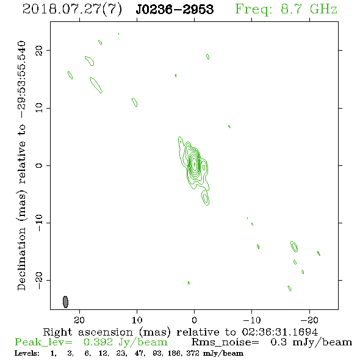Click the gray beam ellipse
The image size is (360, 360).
(65, 302)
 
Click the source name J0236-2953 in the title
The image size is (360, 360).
(175, 9)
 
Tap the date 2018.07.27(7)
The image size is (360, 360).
(72, 10)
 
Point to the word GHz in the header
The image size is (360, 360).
(324, 9)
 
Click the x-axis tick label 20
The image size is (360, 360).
(79, 320)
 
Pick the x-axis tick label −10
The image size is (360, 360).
(251, 320)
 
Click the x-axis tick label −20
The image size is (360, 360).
(309, 320)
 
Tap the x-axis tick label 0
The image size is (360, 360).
(194, 320)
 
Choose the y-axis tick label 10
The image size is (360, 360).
(39, 108)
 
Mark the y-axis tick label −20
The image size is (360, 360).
(39, 280)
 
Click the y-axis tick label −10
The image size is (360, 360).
(39, 223)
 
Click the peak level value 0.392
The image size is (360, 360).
(98, 342)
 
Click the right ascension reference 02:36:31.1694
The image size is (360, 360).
(280, 332)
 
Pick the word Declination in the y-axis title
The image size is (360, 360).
(21, 259)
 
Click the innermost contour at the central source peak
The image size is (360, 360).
(195, 164)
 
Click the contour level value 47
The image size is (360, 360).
(139, 353)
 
